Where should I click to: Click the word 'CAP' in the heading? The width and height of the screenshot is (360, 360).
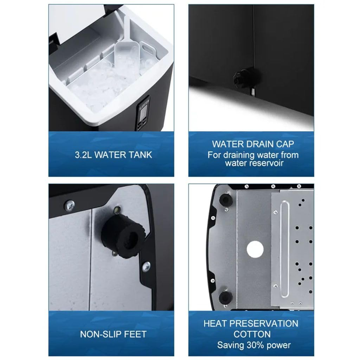point(285,144)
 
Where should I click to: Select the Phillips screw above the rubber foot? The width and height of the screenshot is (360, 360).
point(69,205)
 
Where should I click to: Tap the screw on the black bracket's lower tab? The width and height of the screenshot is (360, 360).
point(146,267)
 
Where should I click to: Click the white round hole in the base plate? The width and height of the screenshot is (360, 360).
point(255,250)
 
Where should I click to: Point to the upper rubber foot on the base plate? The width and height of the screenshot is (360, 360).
point(226,200)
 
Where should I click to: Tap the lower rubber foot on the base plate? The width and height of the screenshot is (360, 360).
point(226,297)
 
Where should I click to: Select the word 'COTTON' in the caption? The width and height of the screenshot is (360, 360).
point(252,334)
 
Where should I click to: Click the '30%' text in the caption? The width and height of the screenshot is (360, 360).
point(256,345)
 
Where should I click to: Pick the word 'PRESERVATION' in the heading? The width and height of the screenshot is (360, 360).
point(264,324)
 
